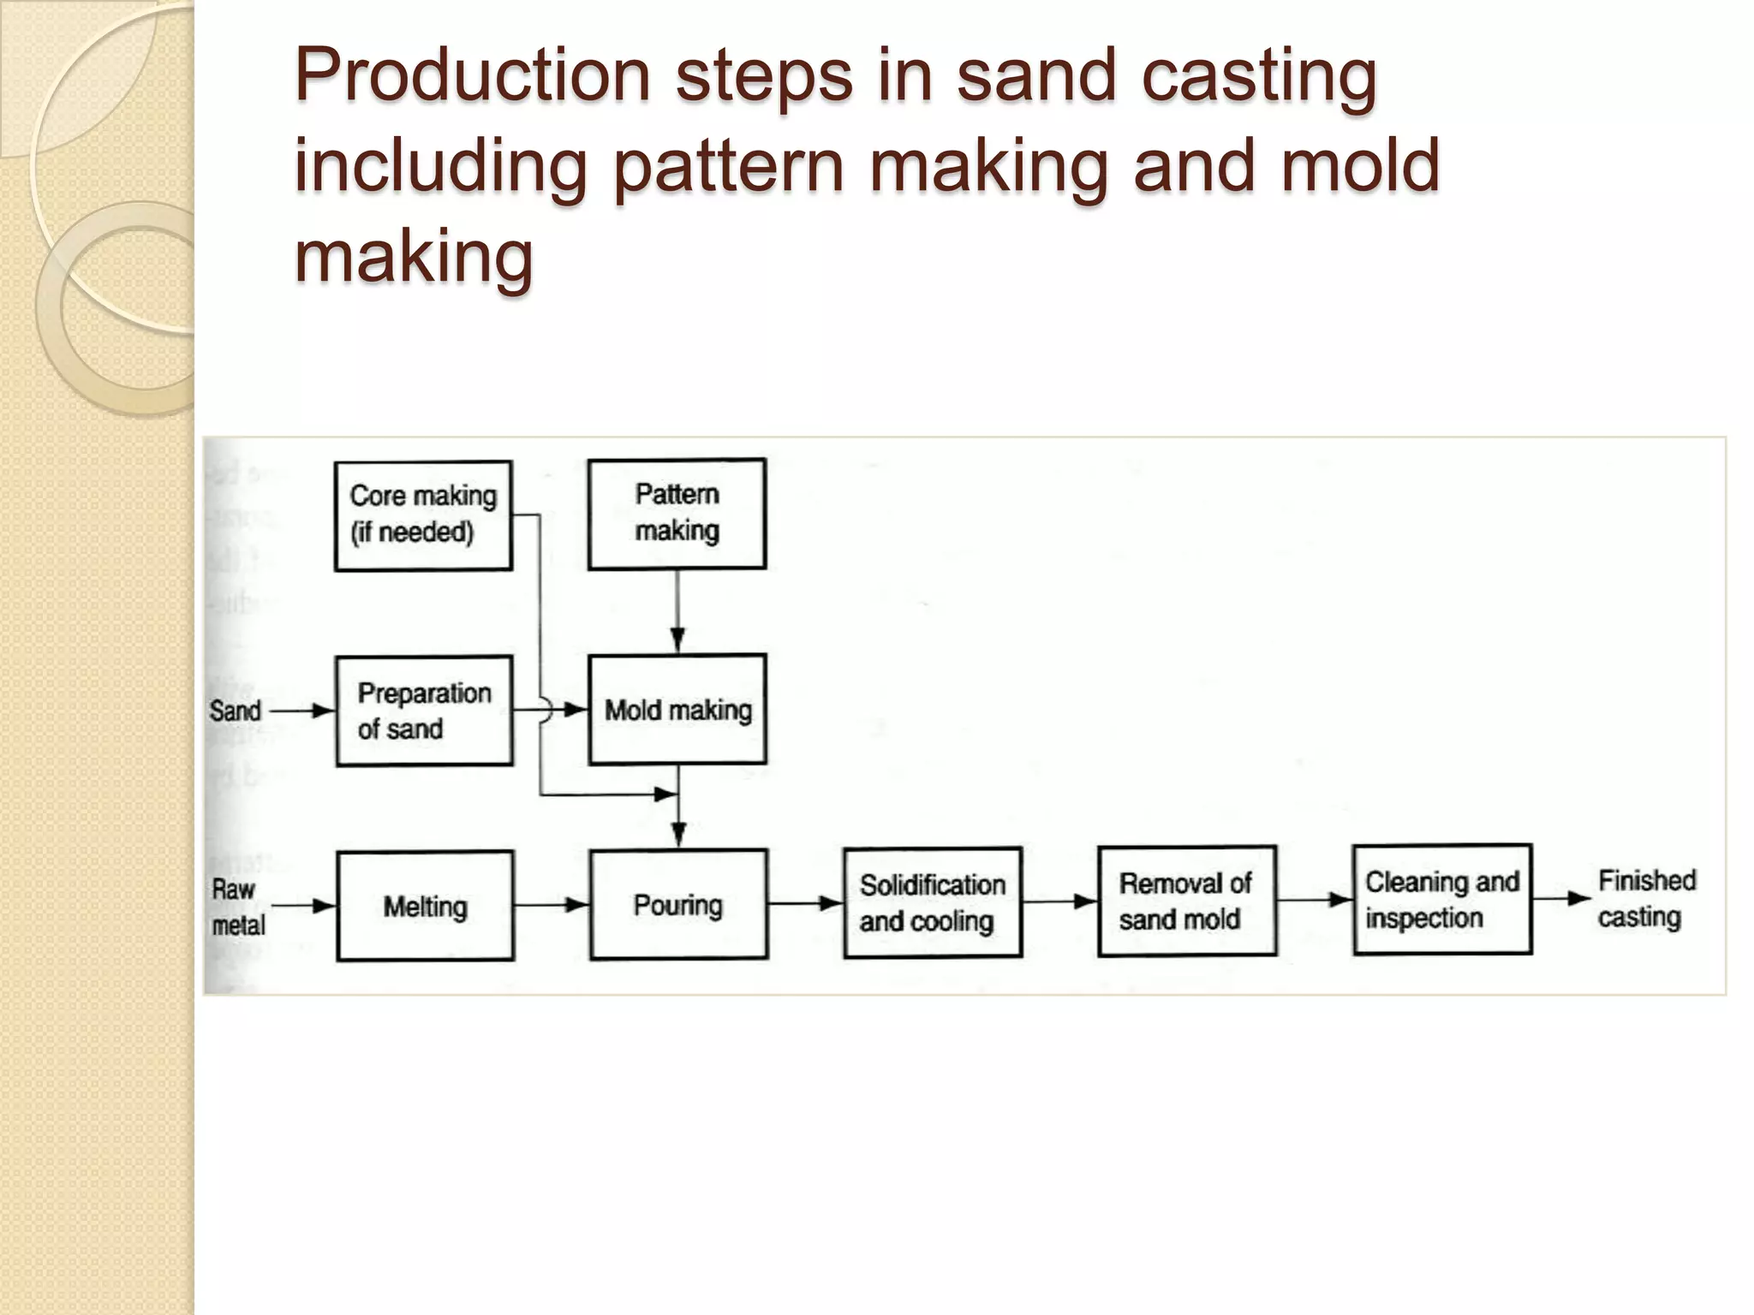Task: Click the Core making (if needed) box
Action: (423, 515)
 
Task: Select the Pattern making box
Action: (677, 514)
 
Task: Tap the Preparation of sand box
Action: (424, 711)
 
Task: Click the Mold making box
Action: (677, 710)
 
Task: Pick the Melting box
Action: (425, 906)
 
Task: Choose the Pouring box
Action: (678, 904)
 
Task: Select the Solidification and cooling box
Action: (932, 902)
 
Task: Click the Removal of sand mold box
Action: (1186, 901)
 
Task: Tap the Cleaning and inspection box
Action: (1441, 899)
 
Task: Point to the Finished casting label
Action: (1644, 898)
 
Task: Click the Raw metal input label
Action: (237, 907)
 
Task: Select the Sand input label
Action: (235, 711)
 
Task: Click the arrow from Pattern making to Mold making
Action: (677, 612)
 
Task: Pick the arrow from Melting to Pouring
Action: (552, 905)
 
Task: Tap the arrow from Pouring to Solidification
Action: (805, 903)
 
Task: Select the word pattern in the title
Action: (728, 166)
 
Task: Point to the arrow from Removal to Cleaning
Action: (1314, 900)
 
